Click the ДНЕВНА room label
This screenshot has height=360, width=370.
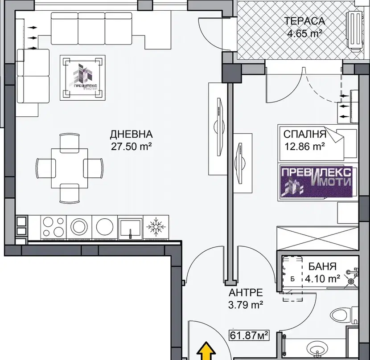tap(131, 134)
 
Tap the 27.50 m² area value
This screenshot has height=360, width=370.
tap(131, 147)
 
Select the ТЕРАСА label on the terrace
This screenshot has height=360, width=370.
tap(304, 21)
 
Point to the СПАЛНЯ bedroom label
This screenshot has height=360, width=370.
tap(304, 134)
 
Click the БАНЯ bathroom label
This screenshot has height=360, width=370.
tap(322, 266)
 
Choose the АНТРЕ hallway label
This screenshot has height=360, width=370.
tap(246, 293)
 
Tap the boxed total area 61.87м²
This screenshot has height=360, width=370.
tap(249, 335)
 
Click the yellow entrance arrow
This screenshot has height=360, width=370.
tap(206, 351)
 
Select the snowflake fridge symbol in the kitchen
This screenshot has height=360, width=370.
tap(156, 227)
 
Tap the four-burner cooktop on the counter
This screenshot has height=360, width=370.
tap(53, 227)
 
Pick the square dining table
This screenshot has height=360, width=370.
tap(70, 168)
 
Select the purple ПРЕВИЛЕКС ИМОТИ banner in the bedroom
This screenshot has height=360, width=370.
tap(316, 182)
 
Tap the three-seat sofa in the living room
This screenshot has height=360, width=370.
tap(91, 29)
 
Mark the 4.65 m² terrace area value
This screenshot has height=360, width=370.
tap(304, 33)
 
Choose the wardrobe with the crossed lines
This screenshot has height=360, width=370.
tap(317, 238)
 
